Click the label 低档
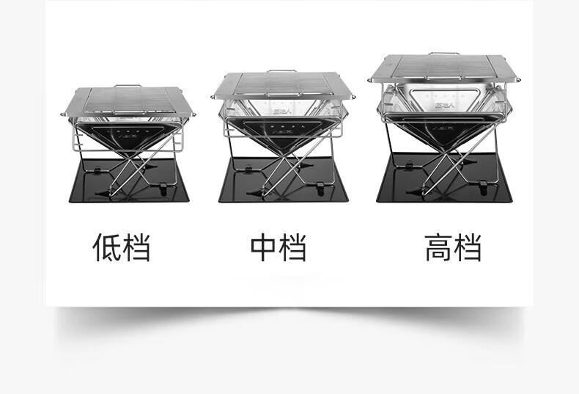point(121,248)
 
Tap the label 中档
point(278,248)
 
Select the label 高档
point(453,248)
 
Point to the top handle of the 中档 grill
point(281,72)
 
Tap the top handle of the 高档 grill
point(443,54)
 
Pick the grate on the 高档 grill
point(445,68)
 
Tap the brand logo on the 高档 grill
point(445,106)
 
